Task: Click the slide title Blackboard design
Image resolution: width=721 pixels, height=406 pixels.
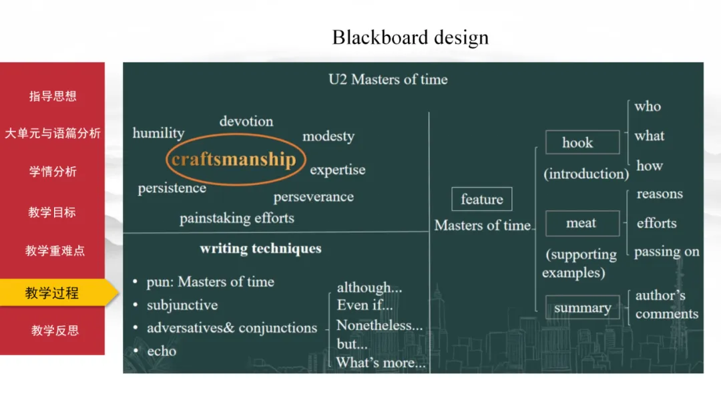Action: click(x=410, y=37)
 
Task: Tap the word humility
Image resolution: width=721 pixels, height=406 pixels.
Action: click(x=158, y=133)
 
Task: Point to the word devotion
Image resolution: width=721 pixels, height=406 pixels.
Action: click(x=246, y=122)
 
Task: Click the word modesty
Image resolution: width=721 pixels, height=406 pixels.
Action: click(x=328, y=137)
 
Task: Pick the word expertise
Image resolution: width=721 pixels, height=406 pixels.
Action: click(x=337, y=170)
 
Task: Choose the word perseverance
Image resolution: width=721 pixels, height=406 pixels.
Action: click(x=313, y=197)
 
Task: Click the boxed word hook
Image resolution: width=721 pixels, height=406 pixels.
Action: click(x=577, y=143)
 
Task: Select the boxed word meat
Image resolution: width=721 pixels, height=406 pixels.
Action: click(x=581, y=224)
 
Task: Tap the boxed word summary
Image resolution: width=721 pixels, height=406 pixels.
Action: click(x=581, y=308)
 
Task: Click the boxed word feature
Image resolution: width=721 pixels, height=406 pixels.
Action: click(x=481, y=200)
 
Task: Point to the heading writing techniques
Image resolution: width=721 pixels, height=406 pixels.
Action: click(x=260, y=249)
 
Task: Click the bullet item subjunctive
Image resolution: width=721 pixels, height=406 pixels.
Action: click(x=182, y=305)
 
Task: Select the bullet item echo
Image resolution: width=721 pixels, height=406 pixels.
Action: click(x=162, y=351)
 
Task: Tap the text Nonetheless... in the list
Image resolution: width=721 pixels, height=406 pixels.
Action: click(x=379, y=326)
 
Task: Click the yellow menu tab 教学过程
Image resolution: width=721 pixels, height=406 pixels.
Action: click(x=52, y=292)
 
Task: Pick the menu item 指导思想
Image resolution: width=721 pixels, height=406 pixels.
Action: click(x=52, y=96)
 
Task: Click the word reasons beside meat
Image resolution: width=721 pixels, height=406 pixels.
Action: click(x=659, y=194)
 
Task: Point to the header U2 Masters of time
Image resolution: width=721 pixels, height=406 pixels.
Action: click(x=388, y=79)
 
